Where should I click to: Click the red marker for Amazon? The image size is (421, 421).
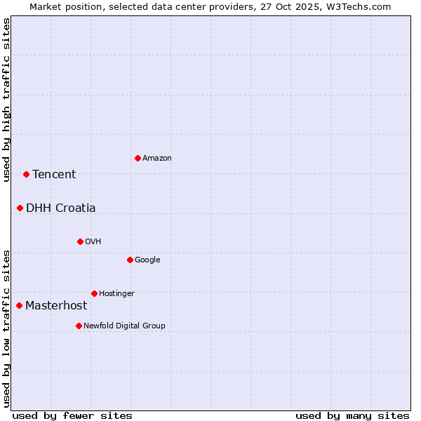(x=138, y=158)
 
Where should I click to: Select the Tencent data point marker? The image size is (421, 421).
(x=26, y=174)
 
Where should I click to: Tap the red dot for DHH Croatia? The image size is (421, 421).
(x=20, y=208)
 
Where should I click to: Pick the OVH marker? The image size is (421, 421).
(x=80, y=241)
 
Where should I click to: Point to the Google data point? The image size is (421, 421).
(x=130, y=260)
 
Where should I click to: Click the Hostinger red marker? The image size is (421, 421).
(x=94, y=293)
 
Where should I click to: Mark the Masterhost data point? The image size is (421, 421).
(x=19, y=305)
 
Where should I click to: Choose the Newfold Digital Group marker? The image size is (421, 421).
(x=79, y=326)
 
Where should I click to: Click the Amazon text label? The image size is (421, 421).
(x=157, y=159)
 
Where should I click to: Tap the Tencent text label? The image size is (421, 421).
(x=54, y=175)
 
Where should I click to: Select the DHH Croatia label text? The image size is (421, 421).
(x=61, y=208)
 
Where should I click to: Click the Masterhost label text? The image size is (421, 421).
(x=56, y=306)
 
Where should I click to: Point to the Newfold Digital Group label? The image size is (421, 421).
(x=124, y=326)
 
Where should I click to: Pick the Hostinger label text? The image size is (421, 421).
(x=116, y=293)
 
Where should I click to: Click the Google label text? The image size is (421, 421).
(x=147, y=260)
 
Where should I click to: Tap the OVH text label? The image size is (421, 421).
(x=93, y=242)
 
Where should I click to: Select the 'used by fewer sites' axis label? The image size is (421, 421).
(x=72, y=415)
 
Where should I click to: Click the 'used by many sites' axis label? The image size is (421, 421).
(x=352, y=415)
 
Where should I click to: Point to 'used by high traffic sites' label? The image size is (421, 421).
(x=6, y=100)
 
